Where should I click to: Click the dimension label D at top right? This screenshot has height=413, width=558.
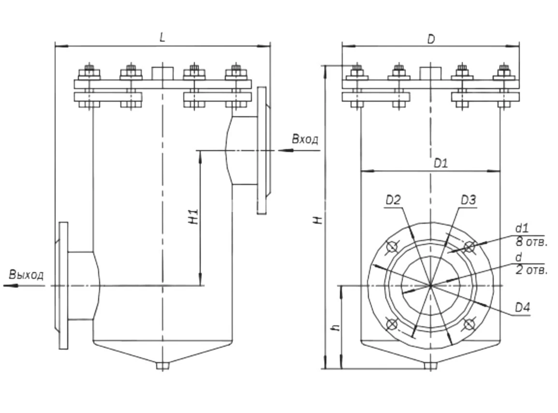pyautogui.click(x=431, y=39)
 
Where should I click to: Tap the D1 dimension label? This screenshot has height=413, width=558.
pyautogui.click(x=441, y=164)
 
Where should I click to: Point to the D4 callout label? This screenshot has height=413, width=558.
pyautogui.click(x=522, y=307)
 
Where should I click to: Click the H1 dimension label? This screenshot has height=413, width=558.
pyautogui.click(x=193, y=217)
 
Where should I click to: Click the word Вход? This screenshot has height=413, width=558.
pyautogui.click(x=305, y=139)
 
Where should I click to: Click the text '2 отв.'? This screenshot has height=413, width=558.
pyautogui.click(x=531, y=270)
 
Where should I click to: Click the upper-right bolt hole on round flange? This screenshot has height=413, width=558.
pyautogui.click(x=468, y=247)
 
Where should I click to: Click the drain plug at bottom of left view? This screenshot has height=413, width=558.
pyautogui.click(x=162, y=366)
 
